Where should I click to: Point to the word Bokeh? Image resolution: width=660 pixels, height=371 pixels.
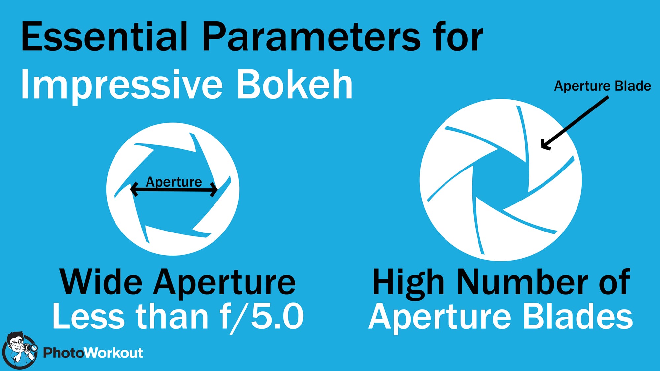tap(295, 84)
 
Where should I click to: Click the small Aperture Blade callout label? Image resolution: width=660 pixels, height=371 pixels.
tap(603, 86)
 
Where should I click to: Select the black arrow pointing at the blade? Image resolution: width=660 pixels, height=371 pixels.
tap(575, 123)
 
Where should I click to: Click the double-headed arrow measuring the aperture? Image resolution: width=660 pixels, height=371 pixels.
tap(174, 190)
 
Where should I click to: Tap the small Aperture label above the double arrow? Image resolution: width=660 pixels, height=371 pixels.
tap(174, 182)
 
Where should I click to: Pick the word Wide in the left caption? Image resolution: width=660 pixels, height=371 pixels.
tap(101, 282)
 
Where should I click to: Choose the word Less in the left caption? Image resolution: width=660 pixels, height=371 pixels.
tap(88, 316)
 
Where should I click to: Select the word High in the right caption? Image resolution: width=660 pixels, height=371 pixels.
tap(408, 283)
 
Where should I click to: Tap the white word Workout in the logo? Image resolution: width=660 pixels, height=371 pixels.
tap(114, 353)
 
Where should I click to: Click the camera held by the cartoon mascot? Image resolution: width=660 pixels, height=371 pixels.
tap(31, 348)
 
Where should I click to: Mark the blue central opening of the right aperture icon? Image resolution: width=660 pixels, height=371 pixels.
tap(501, 180)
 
